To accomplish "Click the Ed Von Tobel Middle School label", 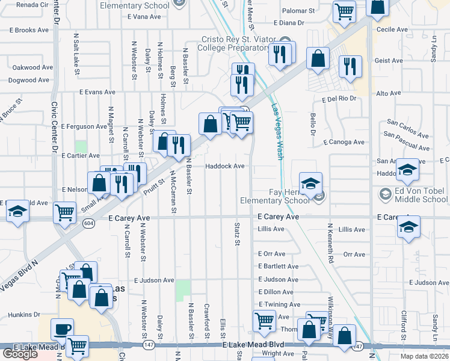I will [418, 195].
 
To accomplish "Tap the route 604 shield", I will [88, 223].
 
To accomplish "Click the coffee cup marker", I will [62, 330].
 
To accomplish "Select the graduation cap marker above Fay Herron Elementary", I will [310, 184].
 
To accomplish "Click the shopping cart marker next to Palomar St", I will [344, 11].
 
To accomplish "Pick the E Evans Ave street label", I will [97, 93].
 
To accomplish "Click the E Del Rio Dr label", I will [339, 98].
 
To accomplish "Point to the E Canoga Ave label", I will [344, 143].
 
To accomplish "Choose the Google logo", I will [20, 353].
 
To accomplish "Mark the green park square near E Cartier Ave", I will [81, 146].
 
